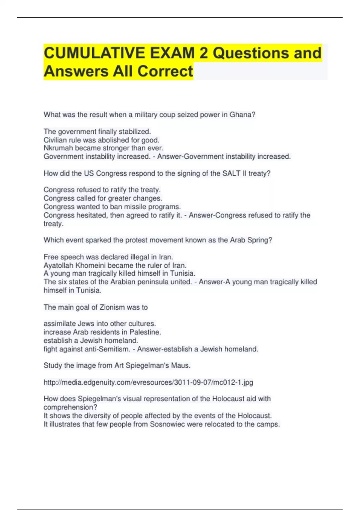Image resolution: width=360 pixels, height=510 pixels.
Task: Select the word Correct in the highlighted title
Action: (165, 71)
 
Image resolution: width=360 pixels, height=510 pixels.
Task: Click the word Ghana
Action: (242, 115)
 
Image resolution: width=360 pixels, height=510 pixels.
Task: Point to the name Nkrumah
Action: (58, 148)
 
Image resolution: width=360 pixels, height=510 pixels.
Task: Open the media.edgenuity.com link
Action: (148, 382)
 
